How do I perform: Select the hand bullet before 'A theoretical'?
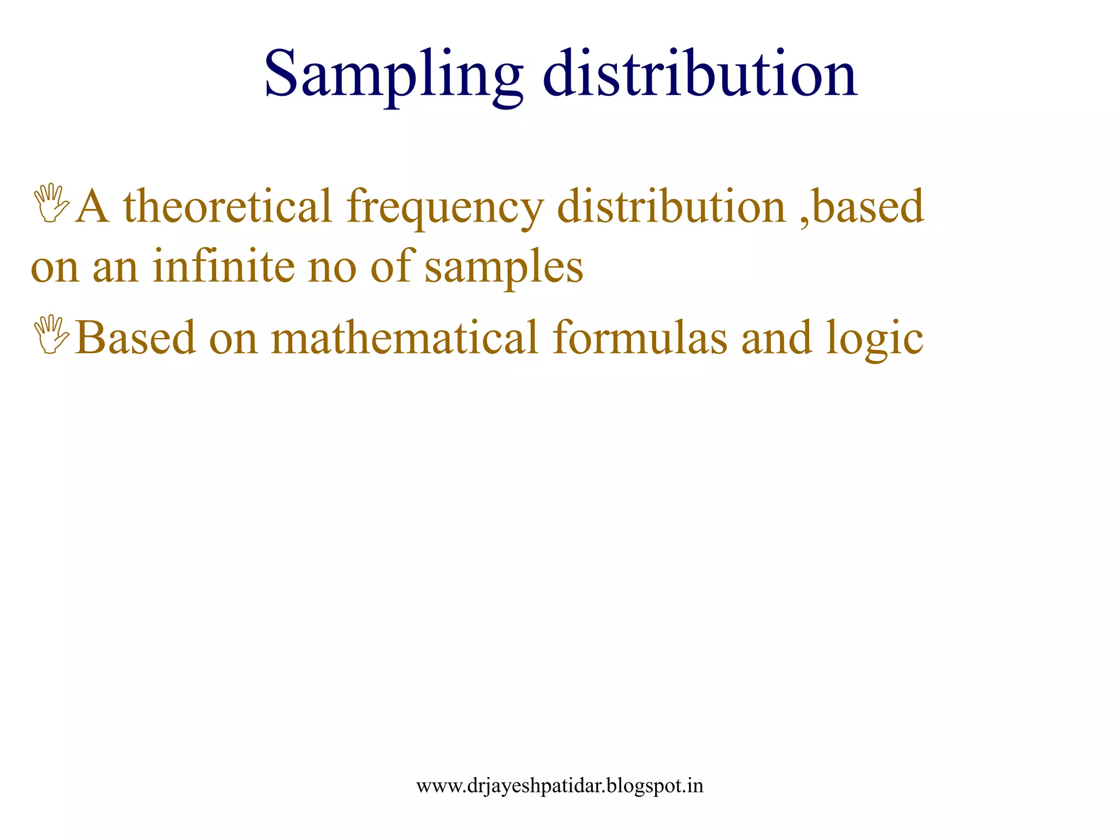click(x=51, y=203)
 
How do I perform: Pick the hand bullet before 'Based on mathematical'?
click(x=51, y=335)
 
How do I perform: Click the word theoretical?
click(x=227, y=207)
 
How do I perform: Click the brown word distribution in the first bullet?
click(x=671, y=207)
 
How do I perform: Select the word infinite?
click(x=223, y=266)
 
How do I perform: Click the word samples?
click(x=504, y=268)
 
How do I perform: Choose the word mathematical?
click(x=405, y=338)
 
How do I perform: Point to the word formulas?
click(x=640, y=338)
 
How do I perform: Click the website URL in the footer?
click(x=559, y=786)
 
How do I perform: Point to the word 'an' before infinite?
click(x=115, y=268)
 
